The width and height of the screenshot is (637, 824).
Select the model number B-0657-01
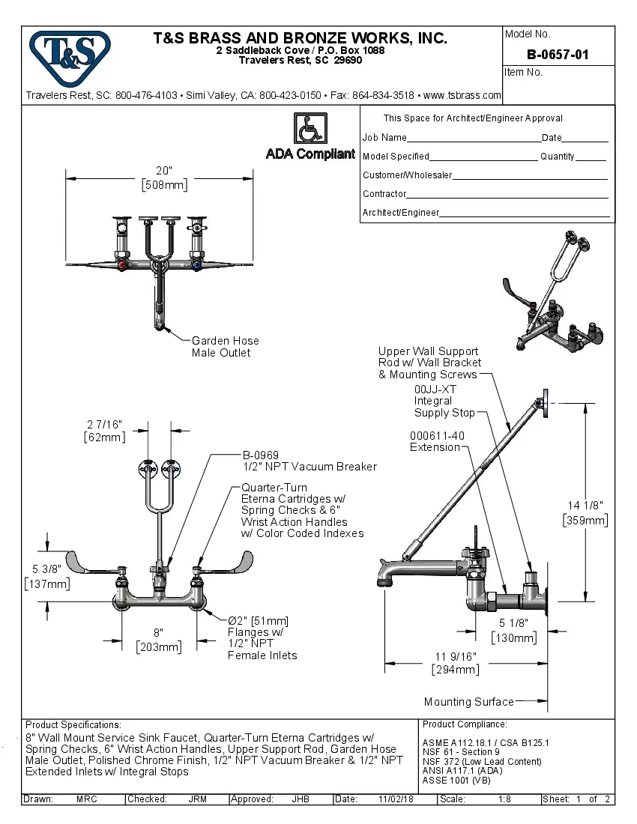(558, 54)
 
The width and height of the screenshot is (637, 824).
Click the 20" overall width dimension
(164, 178)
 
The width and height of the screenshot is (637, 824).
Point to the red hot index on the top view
(122, 265)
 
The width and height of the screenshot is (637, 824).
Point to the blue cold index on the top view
(196, 265)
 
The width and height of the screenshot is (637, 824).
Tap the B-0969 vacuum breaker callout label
(309, 461)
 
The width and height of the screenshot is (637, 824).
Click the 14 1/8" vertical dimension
(585, 512)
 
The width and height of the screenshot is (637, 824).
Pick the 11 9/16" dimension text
(455, 663)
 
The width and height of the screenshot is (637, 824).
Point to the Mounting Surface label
(468, 702)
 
